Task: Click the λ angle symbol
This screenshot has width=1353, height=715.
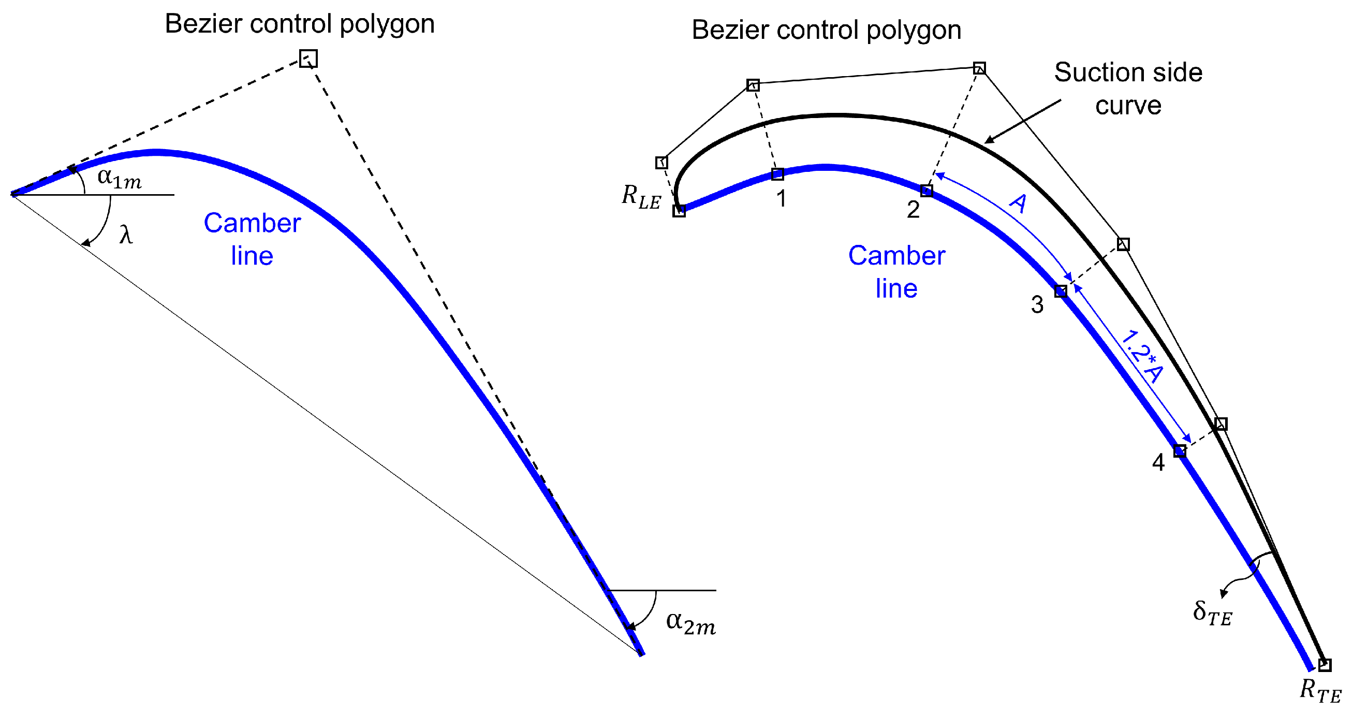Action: pos(126,235)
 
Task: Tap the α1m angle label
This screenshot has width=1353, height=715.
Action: pos(119,178)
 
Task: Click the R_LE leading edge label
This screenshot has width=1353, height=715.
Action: pos(640,197)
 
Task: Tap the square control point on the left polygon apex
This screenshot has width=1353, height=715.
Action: pos(308,59)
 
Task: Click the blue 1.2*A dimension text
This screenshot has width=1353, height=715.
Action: pos(1142,357)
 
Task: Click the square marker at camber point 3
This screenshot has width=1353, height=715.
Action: pos(1061,291)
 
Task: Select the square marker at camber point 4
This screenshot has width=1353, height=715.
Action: pos(1180,451)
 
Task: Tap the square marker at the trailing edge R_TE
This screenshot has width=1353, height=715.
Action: pos(1325,665)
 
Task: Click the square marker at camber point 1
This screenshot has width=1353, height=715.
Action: pos(778,174)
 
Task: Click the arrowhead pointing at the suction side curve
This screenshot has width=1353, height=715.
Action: pos(988,141)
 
